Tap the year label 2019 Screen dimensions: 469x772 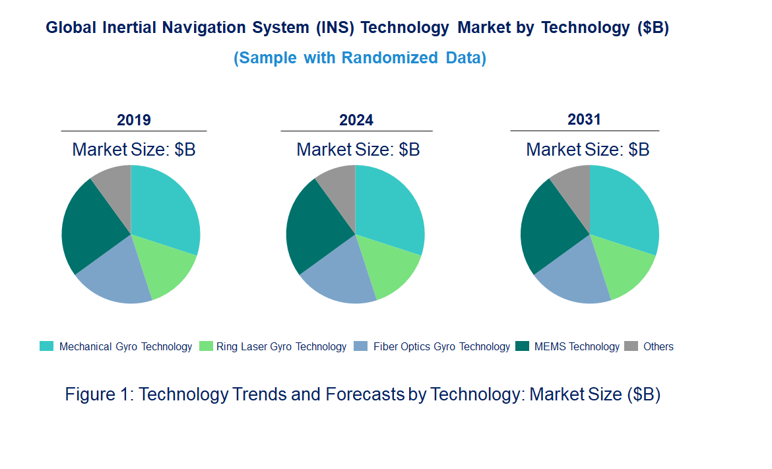[134, 120]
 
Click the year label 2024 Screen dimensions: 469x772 [356, 120]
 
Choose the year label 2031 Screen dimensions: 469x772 [585, 119]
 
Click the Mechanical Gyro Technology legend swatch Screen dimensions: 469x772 [47, 346]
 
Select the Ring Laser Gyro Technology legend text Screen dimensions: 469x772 [281, 346]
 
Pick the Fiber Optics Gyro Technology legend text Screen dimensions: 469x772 [441, 346]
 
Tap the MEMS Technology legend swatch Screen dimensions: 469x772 [523, 346]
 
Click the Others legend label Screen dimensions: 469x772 [658, 346]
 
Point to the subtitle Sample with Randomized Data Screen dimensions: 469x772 [360, 58]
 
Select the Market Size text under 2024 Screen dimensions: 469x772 [358, 149]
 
